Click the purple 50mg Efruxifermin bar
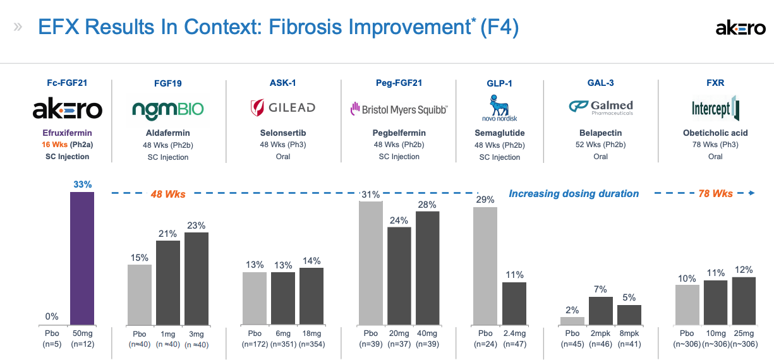pos(82,258)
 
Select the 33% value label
pos(82,184)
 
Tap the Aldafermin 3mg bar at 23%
pos(196,279)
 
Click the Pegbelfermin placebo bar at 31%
pos(370,263)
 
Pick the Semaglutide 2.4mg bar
pos(514,303)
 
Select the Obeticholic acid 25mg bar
pos(744,301)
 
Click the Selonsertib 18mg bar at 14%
pos(311,296)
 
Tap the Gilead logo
pos(283,108)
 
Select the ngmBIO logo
pos(168,109)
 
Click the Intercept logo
pos(715,109)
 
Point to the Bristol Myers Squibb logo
pos(399,109)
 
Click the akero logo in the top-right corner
pos(741,28)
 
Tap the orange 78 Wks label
pos(715,194)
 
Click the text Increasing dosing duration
pos(574,194)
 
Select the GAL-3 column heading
pos(600,83)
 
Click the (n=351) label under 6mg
pos(283,345)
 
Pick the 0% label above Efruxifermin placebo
pos(52,316)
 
